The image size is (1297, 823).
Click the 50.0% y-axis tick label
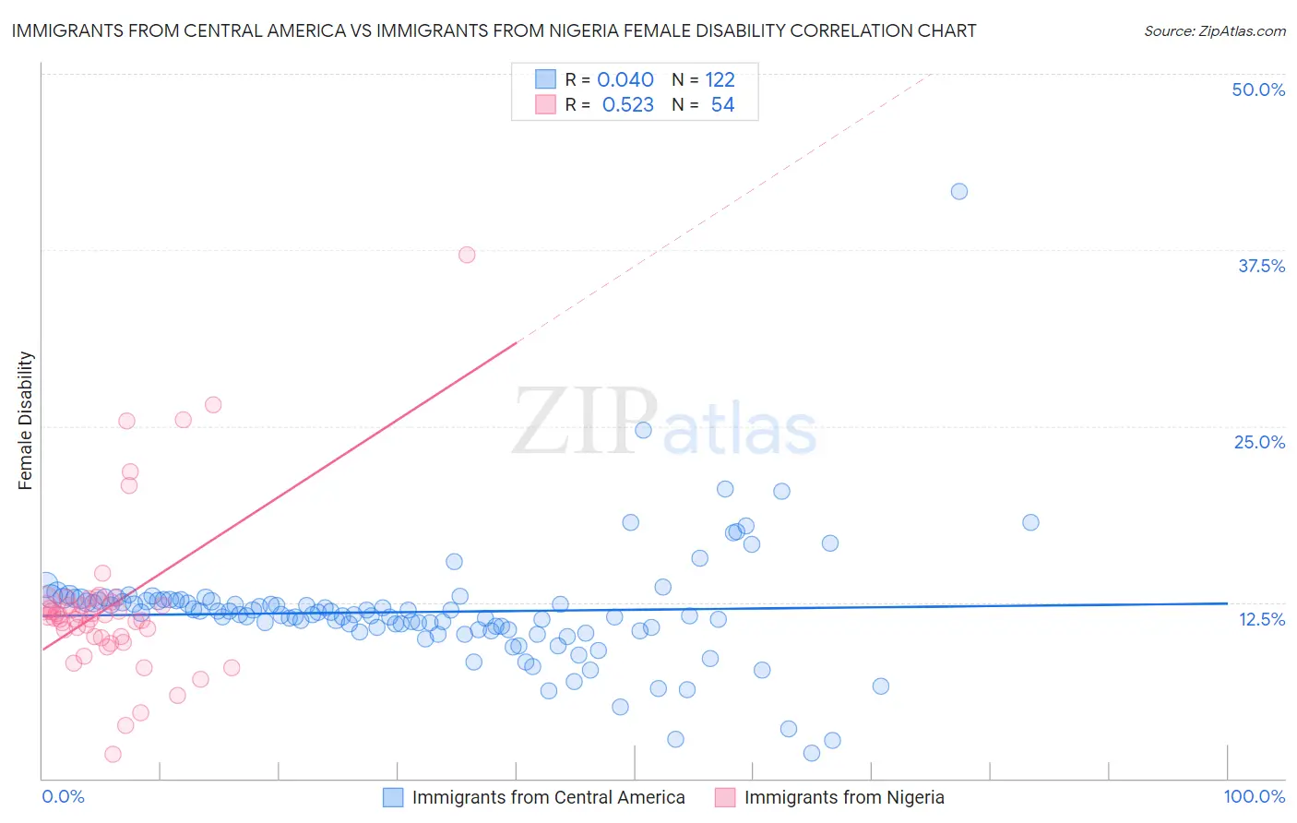point(1258,89)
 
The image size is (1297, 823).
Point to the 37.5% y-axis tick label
point(1261,266)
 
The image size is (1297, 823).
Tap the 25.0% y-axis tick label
point(1259,442)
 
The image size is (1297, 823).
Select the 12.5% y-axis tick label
point(1261,619)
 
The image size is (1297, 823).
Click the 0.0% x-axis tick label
point(63,796)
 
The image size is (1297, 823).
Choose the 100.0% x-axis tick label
point(1254,796)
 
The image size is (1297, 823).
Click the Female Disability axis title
point(26,420)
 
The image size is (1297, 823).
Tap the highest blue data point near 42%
point(959,191)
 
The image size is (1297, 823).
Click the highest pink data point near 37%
point(467,255)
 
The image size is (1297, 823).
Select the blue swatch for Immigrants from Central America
point(393,797)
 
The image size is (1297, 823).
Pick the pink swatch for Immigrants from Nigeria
point(725,797)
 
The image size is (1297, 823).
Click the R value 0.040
point(625,79)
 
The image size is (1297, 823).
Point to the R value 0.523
point(627,105)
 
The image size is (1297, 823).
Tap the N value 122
point(720,79)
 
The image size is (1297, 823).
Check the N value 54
point(722,105)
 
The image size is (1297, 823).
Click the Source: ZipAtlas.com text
point(1214,31)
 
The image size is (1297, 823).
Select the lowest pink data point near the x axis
point(113,754)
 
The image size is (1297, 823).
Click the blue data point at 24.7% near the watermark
point(643,430)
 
